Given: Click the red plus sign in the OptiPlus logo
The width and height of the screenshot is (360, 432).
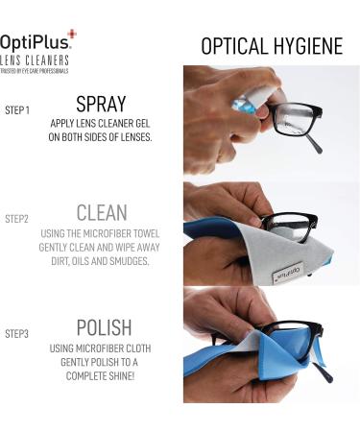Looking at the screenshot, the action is (72, 34).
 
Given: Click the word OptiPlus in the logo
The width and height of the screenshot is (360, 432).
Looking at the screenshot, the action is (35, 42).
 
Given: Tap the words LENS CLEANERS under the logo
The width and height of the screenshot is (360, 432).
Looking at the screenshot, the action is (35, 60).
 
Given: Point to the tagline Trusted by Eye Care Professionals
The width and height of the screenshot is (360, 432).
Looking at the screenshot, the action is (34, 71).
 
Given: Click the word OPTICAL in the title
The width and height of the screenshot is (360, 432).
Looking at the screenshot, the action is (234, 46).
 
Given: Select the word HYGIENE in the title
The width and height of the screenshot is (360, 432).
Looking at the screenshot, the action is (308, 46).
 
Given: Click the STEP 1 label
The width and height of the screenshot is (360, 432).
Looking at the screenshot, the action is (17, 110).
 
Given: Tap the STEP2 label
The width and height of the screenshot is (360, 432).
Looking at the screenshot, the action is (16, 219).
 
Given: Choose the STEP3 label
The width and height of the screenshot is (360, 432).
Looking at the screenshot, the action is (16, 334).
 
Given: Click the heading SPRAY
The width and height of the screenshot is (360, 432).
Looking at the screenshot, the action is (101, 104).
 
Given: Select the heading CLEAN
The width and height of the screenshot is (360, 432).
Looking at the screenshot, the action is (102, 212).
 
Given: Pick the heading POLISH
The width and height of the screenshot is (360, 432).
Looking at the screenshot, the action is (105, 327).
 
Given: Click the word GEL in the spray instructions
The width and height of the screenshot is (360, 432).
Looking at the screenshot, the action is (143, 124).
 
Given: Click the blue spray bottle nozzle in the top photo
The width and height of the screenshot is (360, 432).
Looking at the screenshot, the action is (243, 106).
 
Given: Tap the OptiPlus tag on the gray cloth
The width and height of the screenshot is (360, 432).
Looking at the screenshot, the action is (288, 273).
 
